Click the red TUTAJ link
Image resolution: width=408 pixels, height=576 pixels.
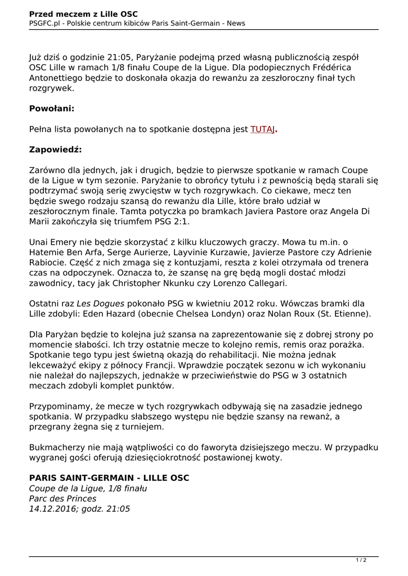click(262, 129)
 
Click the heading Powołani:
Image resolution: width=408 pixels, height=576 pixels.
click(52, 109)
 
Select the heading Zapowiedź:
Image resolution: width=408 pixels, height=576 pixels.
click(55, 150)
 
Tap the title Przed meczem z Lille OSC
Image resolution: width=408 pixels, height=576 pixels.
click(83, 13)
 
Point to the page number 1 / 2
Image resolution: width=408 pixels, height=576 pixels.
click(361, 560)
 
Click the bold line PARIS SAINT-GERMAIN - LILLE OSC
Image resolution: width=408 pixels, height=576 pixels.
click(109, 478)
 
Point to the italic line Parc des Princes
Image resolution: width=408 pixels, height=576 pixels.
click(62, 498)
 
